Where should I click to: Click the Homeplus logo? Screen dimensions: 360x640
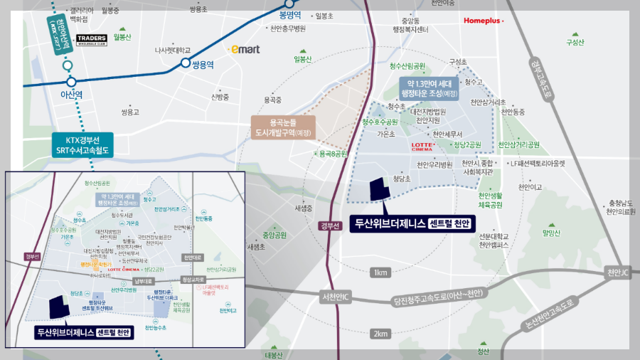pos(483,21)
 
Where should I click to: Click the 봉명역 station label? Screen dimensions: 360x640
pos(290,14)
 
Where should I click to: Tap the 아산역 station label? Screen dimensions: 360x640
pos(72,94)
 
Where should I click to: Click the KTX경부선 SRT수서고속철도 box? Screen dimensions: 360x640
pos(82,145)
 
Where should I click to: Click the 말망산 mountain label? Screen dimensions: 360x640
pos(551,232)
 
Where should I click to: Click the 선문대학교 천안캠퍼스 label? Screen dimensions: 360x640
pos(494,240)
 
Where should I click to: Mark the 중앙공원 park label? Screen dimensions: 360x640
pos(274,235)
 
